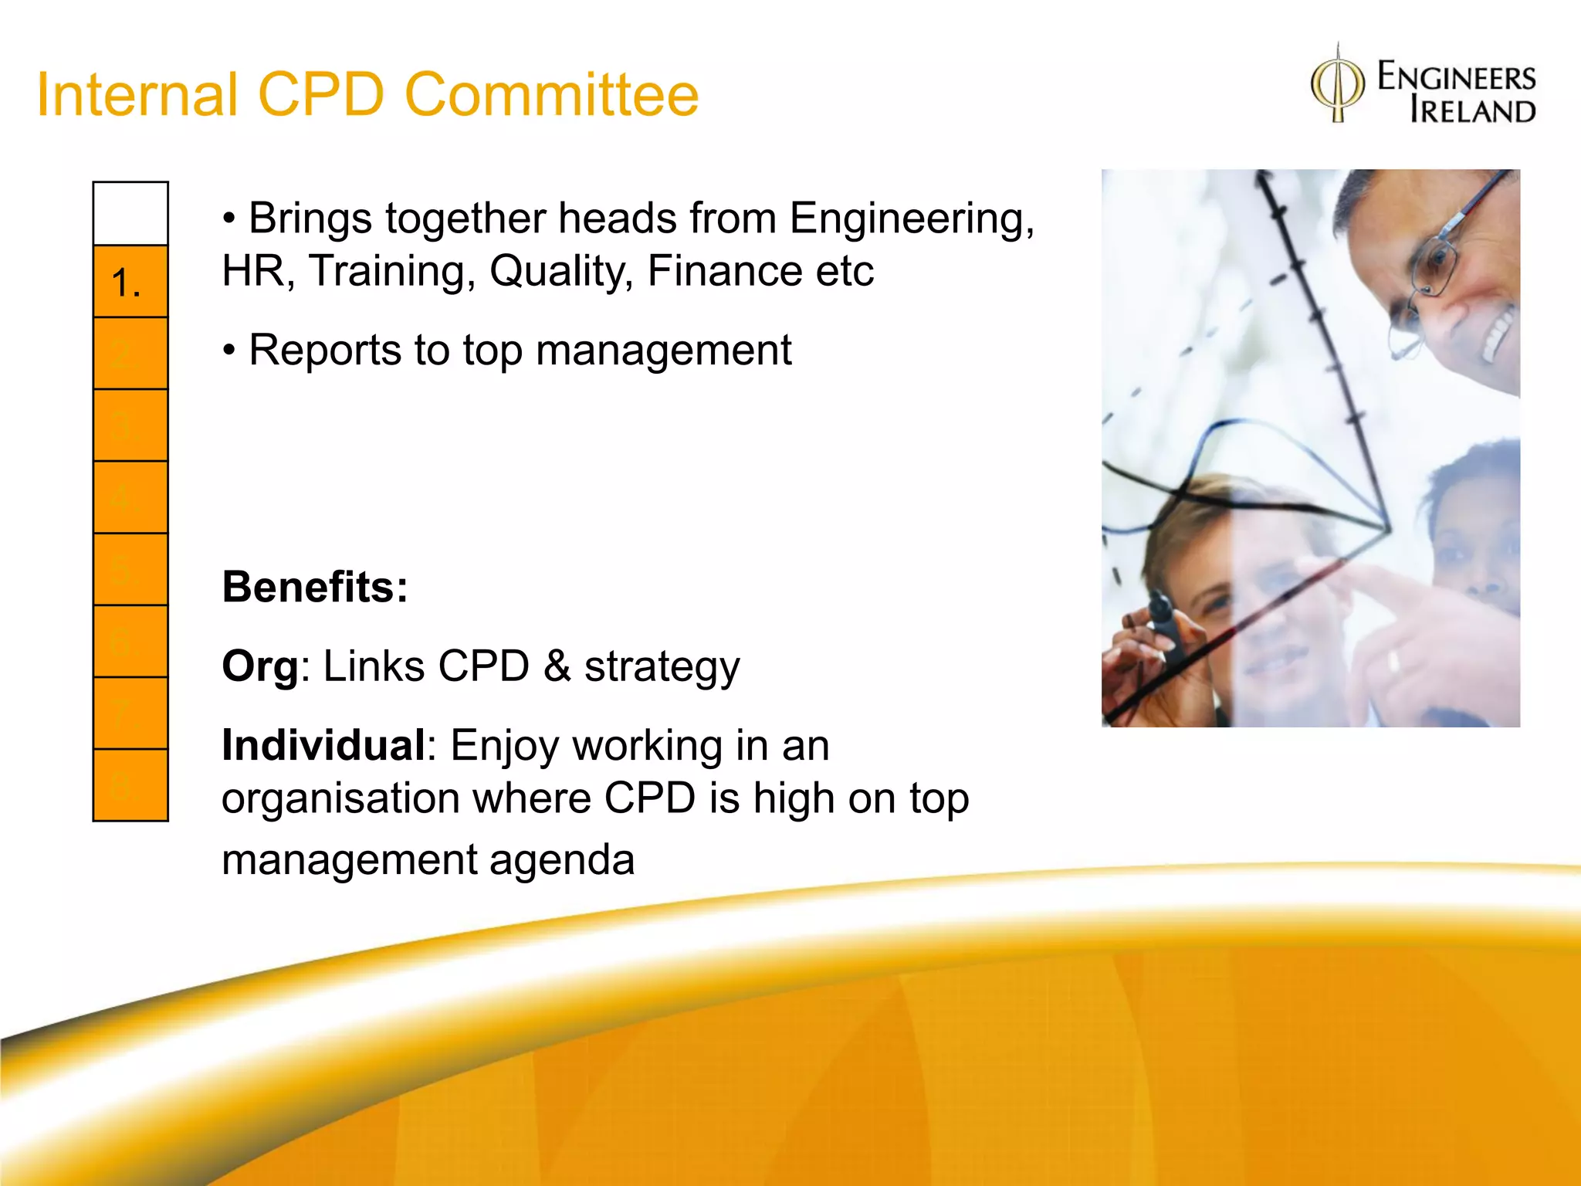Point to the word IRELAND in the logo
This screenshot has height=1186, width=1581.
pyautogui.click(x=1472, y=110)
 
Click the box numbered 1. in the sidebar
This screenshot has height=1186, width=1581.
pyautogui.click(x=130, y=282)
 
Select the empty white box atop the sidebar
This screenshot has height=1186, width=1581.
pyautogui.click(x=130, y=214)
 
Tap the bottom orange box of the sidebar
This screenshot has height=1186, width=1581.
pyautogui.click(x=130, y=785)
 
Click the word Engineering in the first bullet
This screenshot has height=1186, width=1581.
pyautogui.click(x=911, y=219)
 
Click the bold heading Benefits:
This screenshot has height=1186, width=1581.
pyautogui.click(x=314, y=587)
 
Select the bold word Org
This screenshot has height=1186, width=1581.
pyautogui.click(x=259, y=666)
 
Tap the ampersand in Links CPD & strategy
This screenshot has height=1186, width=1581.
pyautogui.click(x=557, y=666)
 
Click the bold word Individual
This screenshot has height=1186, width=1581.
pyautogui.click(x=323, y=746)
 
